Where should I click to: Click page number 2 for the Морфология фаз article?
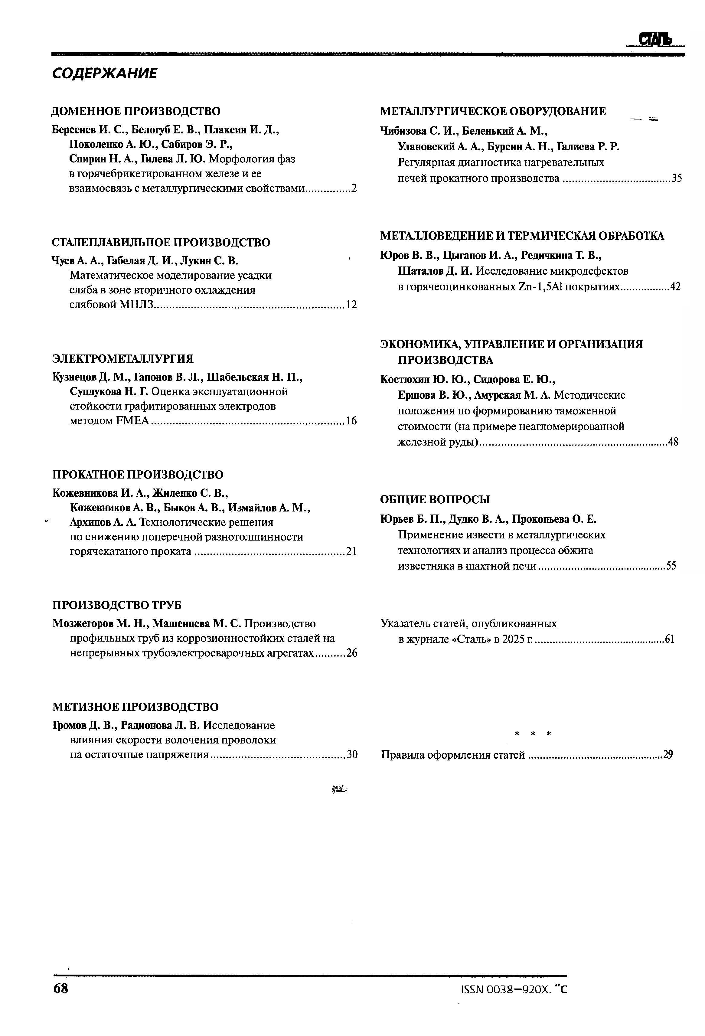[354, 188]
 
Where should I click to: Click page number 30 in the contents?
[352, 755]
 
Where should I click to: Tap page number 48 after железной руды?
[673, 442]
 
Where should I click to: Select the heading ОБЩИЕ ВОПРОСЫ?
[435, 499]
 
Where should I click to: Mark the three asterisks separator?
[533, 733]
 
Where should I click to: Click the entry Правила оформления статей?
[453, 755]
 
